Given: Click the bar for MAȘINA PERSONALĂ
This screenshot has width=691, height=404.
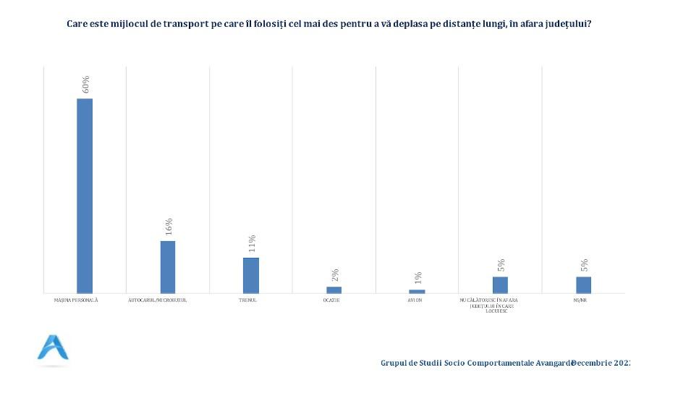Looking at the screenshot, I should (x=85, y=195).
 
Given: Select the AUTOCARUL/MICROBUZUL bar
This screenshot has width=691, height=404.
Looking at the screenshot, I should (x=168, y=266).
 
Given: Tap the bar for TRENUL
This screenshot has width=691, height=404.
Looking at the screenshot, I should (x=250, y=275).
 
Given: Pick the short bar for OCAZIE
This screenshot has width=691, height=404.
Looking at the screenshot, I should (x=334, y=290).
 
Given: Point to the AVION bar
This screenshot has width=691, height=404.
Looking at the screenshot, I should (x=417, y=291).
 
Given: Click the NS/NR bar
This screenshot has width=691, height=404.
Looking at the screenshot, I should (x=583, y=285).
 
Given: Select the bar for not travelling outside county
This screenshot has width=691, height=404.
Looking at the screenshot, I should (x=500, y=285).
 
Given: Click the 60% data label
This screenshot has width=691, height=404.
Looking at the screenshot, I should (x=85, y=84).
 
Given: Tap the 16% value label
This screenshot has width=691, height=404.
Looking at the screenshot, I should (x=169, y=226).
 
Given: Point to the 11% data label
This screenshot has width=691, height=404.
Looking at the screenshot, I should (x=252, y=243).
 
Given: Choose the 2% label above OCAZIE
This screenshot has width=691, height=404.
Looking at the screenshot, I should (x=335, y=274).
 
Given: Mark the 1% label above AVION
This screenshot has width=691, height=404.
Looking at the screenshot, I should (x=418, y=278).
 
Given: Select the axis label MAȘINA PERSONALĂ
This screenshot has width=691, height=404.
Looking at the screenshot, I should (x=76, y=300).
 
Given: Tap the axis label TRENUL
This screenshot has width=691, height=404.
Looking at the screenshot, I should (x=247, y=300).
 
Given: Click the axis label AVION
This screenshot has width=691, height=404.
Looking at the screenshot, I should (x=414, y=300).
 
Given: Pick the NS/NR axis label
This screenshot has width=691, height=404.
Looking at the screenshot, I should (x=580, y=300).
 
